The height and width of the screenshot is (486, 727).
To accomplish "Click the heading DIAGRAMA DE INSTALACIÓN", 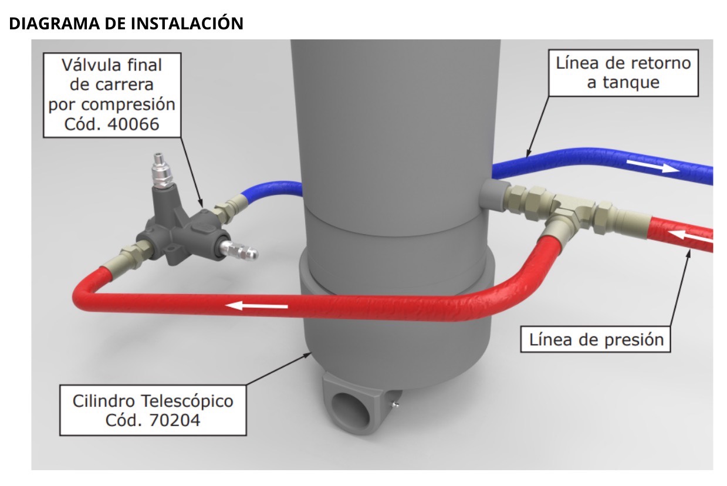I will (x=126, y=23).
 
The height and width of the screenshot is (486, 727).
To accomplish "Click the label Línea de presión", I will (x=596, y=339).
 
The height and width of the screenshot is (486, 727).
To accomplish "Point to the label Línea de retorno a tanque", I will (x=623, y=72).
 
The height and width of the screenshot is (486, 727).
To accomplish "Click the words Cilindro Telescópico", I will (x=153, y=401).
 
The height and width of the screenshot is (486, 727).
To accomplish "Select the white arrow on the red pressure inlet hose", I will (x=692, y=235).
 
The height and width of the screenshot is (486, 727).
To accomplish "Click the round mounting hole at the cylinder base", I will (x=350, y=409).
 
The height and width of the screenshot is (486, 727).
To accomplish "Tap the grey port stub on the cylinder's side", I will (x=492, y=195).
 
